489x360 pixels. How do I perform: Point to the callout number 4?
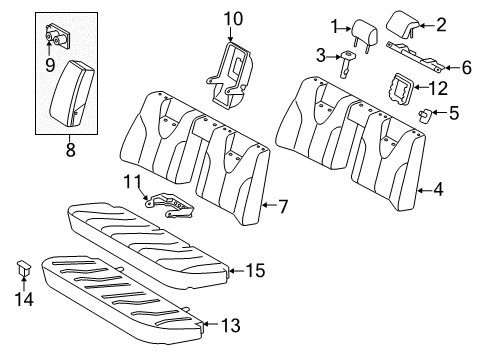[437, 187]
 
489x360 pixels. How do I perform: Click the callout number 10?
[233, 17]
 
